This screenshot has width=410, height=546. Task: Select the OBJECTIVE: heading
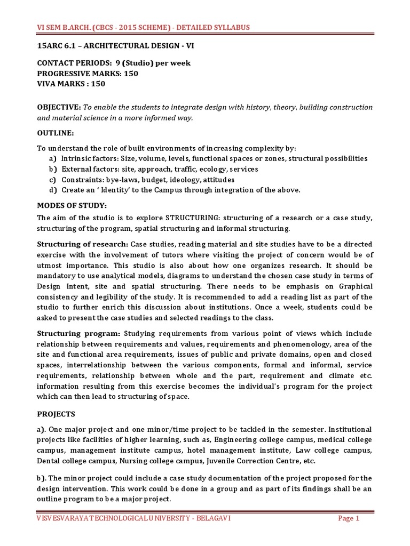(x=59, y=108)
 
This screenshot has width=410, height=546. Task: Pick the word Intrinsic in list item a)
(x=75, y=158)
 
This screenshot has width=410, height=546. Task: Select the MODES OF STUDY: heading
(x=72, y=205)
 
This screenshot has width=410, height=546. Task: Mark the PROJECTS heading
(x=56, y=414)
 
